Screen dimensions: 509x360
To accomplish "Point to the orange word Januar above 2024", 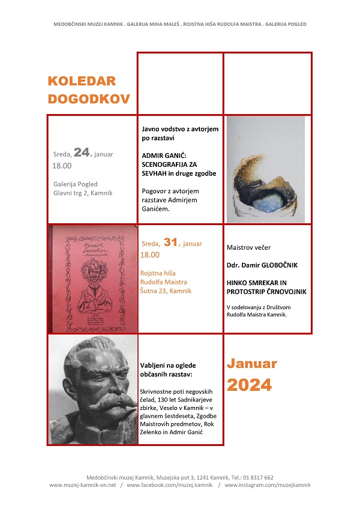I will coord(252,363).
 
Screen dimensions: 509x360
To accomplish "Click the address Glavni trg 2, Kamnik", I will coord(83,193).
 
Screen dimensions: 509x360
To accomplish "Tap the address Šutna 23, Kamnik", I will coord(166,291).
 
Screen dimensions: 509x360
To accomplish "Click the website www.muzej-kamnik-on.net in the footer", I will coord(82,485).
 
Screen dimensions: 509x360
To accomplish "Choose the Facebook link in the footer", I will coord(170,485).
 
